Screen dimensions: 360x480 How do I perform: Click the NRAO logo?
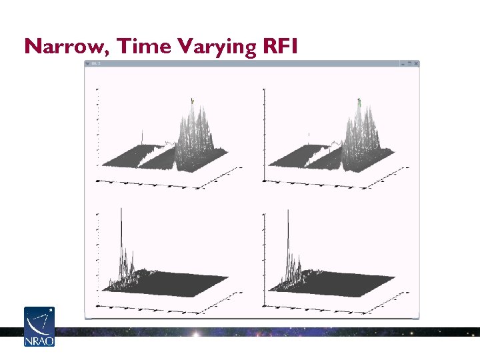[x=39, y=327]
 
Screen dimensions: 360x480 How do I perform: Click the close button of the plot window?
[x=416, y=63]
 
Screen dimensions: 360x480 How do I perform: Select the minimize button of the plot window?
[x=402, y=63]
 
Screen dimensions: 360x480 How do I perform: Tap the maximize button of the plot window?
[x=409, y=63]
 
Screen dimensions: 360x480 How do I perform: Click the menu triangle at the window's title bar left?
[x=87, y=63]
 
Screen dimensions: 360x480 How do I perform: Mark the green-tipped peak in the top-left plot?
[x=192, y=101]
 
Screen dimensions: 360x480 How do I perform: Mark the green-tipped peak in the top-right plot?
[x=359, y=101]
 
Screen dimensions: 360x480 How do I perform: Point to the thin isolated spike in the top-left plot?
[x=142, y=138]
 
